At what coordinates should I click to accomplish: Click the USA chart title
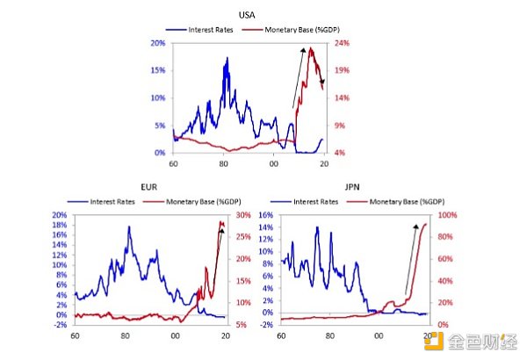(249, 16)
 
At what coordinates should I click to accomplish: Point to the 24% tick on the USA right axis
(342, 42)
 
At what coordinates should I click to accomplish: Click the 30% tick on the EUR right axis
(243, 215)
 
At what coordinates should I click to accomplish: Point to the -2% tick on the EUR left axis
(61, 325)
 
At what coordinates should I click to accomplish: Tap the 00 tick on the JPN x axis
(379, 335)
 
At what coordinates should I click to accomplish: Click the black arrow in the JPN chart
(410, 260)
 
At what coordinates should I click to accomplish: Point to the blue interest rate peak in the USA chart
(227, 59)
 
